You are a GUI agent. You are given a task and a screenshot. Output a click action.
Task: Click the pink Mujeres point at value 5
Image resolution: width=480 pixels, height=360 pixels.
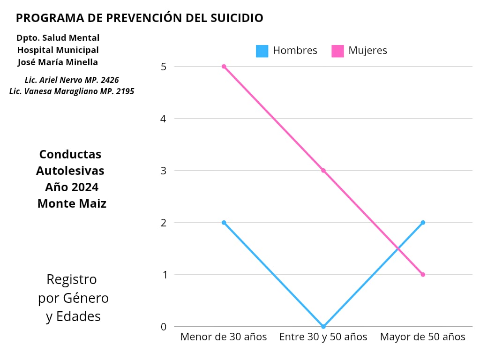point(224,67)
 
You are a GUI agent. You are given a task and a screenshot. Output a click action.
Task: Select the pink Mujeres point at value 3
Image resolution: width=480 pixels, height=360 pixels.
point(323,171)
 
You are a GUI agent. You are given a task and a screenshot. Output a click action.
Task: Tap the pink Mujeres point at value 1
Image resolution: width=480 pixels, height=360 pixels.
point(423,275)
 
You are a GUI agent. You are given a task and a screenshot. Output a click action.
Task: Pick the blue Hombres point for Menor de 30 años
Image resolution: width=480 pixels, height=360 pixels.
point(224,223)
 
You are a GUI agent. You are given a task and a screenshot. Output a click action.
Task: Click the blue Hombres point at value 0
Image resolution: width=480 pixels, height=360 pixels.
point(323,326)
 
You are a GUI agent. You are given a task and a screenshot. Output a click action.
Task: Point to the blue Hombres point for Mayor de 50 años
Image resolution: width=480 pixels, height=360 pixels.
point(423,223)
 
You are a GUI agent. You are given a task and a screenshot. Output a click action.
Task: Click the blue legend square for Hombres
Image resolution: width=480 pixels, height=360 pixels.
point(262,51)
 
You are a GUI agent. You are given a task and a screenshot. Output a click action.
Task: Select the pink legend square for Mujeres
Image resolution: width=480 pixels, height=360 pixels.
point(337,51)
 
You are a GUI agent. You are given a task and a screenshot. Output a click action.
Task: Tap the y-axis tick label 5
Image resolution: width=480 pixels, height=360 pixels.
point(164,67)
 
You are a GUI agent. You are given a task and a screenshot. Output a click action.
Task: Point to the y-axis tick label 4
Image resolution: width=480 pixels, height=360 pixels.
point(164,119)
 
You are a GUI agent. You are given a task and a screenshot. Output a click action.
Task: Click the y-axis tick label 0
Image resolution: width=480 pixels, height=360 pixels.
point(164,327)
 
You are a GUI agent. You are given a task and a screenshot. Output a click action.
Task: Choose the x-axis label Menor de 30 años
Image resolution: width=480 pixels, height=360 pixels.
point(224,337)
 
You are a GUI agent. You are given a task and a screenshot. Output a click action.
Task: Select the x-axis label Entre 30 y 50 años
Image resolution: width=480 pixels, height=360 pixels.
point(323,337)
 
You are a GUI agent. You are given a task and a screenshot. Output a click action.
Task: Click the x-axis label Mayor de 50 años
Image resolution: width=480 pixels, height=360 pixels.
point(423,337)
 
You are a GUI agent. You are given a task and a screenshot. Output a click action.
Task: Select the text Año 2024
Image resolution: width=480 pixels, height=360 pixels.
point(72,187)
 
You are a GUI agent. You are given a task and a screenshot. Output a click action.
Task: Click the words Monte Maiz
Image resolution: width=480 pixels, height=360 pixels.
point(72,204)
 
